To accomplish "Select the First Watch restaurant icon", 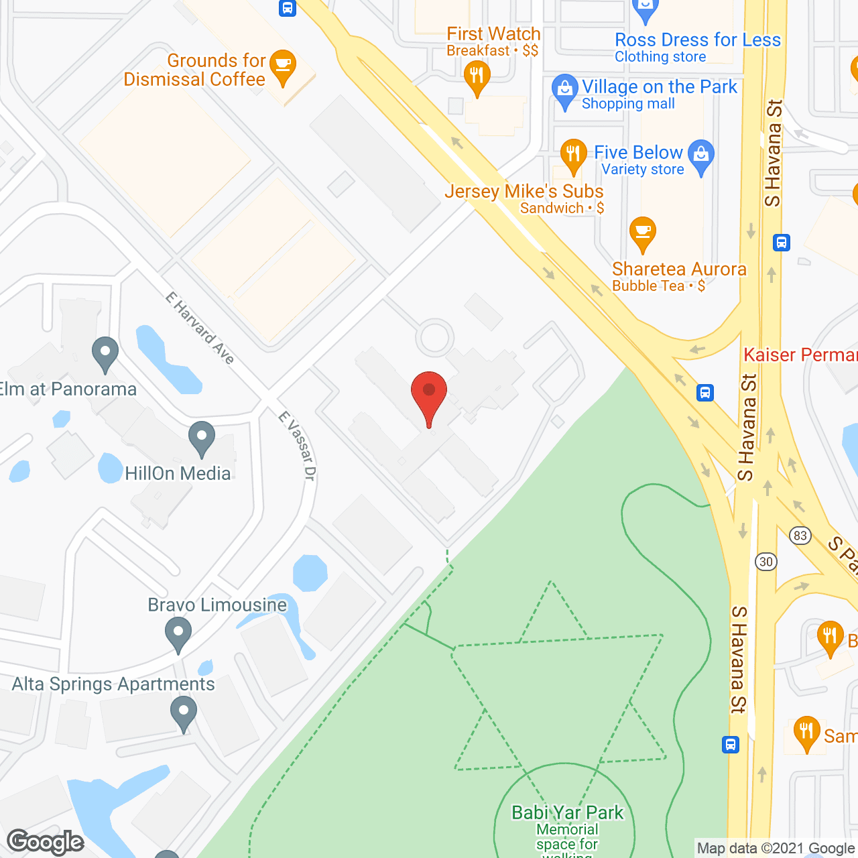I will click(476, 78).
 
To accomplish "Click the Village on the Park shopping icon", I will click(564, 91).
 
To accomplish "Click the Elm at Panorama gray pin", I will click(105, 353).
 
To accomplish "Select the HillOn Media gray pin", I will click(201, 438).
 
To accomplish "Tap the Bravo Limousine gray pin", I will click(178, 633).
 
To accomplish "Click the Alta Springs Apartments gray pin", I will click(183, 713).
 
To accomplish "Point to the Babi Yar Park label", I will click(567, 812).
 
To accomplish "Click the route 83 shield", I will click(800, 536).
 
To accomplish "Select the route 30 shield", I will click(766, 562).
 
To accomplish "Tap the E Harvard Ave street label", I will click(200, 328).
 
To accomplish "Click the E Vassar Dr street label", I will click(297, 446).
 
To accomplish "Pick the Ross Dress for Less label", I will click(697, 40).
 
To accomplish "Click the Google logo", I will click(46, 842).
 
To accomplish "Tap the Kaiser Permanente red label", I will click(800, 355).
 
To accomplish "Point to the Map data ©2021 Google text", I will click(776, 849).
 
